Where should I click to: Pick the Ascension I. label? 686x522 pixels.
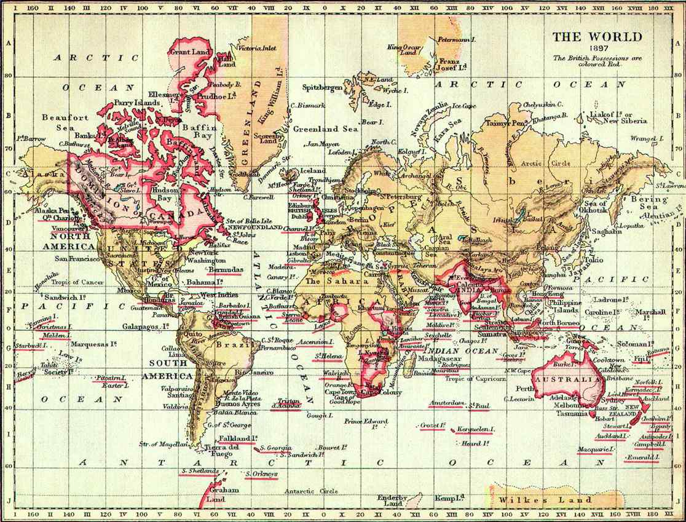[315, 341]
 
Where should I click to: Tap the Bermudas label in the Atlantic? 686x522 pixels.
[225, 269]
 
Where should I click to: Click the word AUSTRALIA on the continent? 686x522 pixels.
[566, 380]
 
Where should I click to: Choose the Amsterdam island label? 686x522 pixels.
[446, 403]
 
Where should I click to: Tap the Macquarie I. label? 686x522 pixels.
[594, 450]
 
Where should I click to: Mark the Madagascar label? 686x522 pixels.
[440, 358]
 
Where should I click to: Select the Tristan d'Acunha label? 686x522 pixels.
[286, 403]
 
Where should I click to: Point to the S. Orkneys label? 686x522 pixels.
[262, 474]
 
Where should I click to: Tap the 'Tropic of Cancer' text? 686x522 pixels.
[77, 282]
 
